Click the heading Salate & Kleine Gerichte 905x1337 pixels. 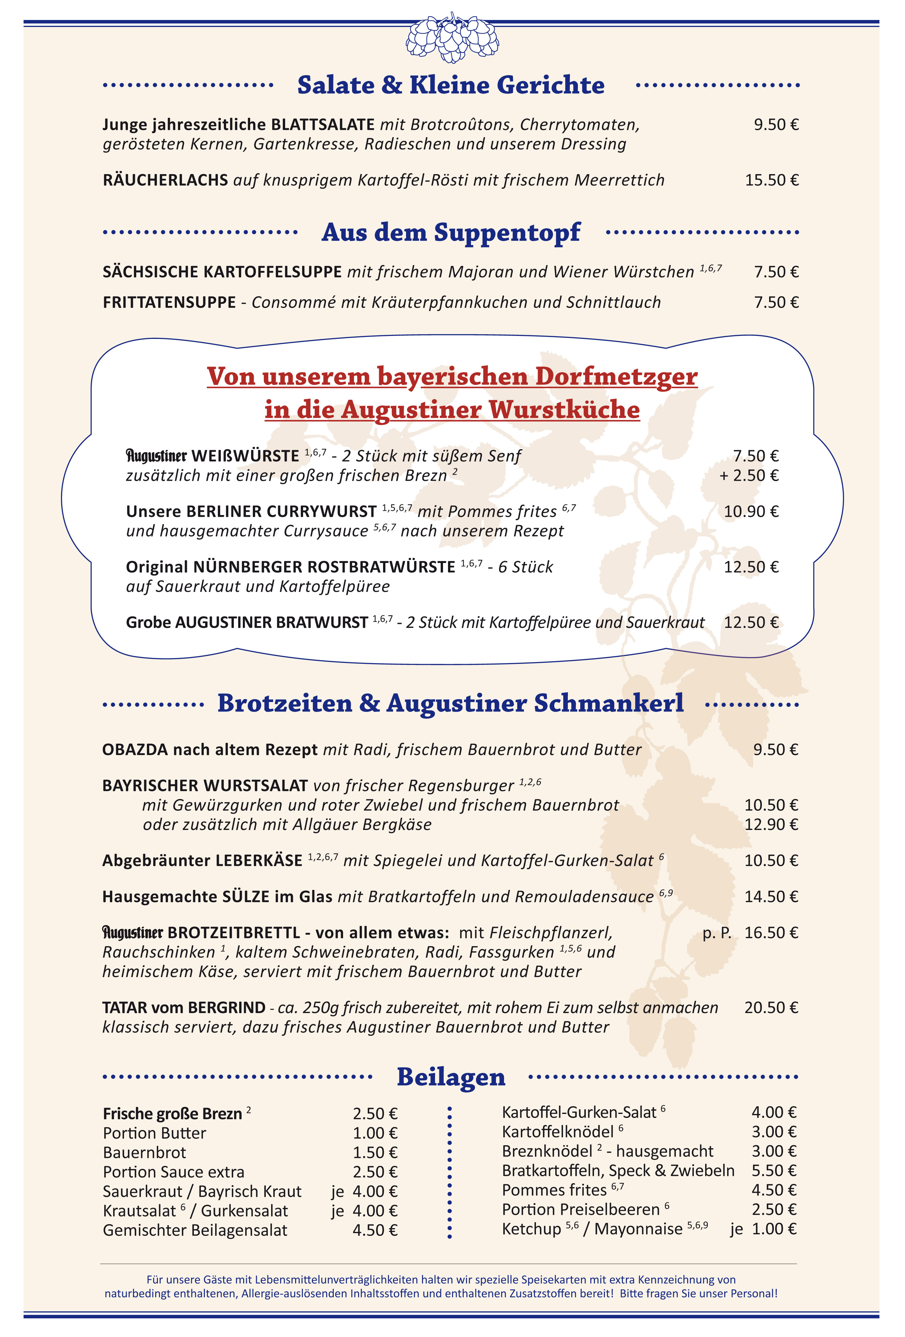tap(451, 85)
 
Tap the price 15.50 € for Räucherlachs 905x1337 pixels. tap(771, 180)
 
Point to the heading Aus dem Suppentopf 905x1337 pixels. tap(451, 232)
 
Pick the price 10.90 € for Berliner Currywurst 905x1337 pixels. tap(751, 511)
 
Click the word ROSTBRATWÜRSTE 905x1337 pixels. tap(382, 567)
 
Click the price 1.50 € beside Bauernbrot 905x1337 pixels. tap(375, 1152)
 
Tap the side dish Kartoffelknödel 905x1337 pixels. tap(557, 1132)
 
